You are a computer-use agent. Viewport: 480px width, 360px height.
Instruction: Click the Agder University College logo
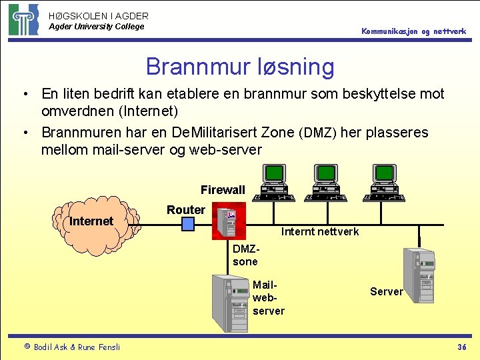pos(24,19)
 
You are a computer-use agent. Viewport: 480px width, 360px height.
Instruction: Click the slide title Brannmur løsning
pos(240,67)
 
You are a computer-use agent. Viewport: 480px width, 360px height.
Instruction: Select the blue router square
pos(188,223)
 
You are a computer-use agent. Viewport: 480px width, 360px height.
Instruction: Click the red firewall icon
pos(229,221)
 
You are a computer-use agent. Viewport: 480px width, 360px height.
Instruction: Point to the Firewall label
pos(223,190)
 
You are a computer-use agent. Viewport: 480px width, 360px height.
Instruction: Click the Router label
pos(186,209)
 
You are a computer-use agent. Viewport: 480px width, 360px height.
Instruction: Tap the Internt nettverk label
pos(320,231)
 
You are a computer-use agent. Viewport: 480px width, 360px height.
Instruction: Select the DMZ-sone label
pos(245,255)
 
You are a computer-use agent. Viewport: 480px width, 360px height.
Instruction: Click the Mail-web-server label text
pos(268,298)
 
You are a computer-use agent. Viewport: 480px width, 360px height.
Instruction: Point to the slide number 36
pos(461,347)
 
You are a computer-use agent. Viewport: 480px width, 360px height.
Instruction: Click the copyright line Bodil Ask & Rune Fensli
pos(71,347)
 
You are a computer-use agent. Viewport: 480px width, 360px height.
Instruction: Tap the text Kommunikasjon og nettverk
pos(413,31)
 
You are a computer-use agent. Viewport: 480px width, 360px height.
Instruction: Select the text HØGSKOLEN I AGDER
pos(99,15)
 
